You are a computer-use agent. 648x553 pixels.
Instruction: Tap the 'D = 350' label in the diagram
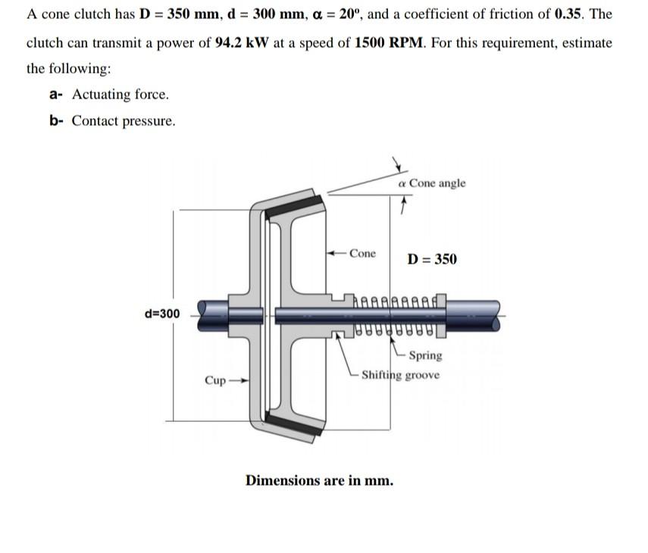pyautogui.click(x=432, y=259)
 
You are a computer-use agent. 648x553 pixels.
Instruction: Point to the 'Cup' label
pyautogui.click(x=216, y=380)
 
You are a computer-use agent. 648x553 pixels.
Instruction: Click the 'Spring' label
pyautogui.click(x=424, y=355)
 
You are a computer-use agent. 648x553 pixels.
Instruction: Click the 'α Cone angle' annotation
pyautogui.click(x=432, y=183)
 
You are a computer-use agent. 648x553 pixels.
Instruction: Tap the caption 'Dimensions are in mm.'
pyautogui.click(x=319, y=480)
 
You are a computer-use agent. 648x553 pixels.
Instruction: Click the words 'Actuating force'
pyautogui.click(x=120, y=95)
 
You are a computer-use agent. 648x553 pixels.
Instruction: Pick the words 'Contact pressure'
pyautogui.click(x=123, y=121)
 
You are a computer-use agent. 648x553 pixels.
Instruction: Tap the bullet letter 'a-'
pyautogui.click(x=55, y=95)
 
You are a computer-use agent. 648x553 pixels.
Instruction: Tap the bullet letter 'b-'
pyautogui.click(x=56, y=121)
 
